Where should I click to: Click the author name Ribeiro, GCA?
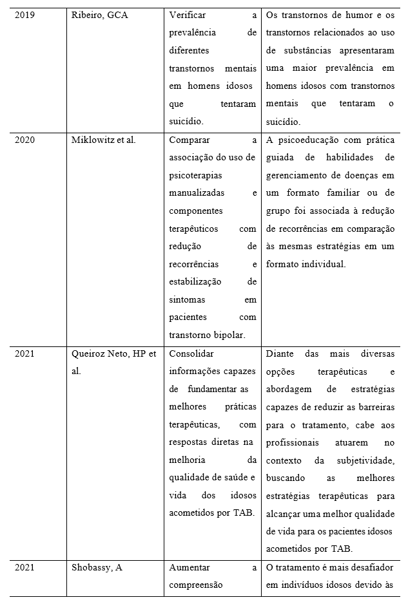tap(99, 15)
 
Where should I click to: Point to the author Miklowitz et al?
tap(103, 140)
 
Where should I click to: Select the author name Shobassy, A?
tap(97, 567)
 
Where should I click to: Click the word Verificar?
tap(188, 15)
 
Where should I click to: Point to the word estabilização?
tap(195, 281)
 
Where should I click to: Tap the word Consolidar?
tap(191, 353)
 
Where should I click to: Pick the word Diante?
tap(280, 353)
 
